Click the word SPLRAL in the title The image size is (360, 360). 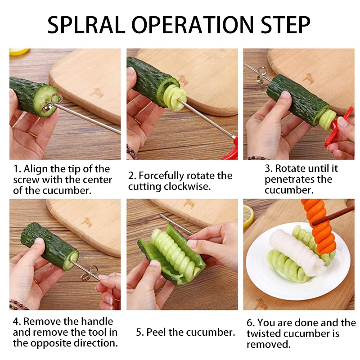tap(86, 25)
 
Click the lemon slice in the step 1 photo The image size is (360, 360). tap(19, 51)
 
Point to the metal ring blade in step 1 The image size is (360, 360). tap(52, 103)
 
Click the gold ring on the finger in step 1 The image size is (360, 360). tap(32, 134)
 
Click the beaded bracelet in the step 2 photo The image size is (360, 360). tap(131, 152)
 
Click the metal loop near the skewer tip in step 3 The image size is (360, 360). tap(261, 75)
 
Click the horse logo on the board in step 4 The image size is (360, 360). tap(87, 222)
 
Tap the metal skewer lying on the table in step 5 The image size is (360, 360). tap(177, 224)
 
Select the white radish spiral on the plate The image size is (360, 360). tap(297, 252)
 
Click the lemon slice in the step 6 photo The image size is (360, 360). tap(248, 215)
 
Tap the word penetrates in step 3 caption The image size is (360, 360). tap(298, 180)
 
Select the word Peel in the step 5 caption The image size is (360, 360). tap(156, 332)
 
